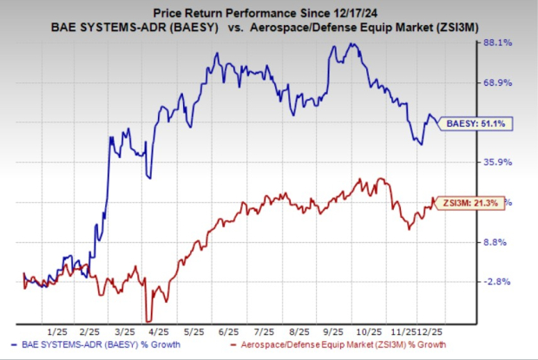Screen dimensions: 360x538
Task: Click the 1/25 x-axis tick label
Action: (x=58, y=333)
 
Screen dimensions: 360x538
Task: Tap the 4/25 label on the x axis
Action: (x=161, y=333)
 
